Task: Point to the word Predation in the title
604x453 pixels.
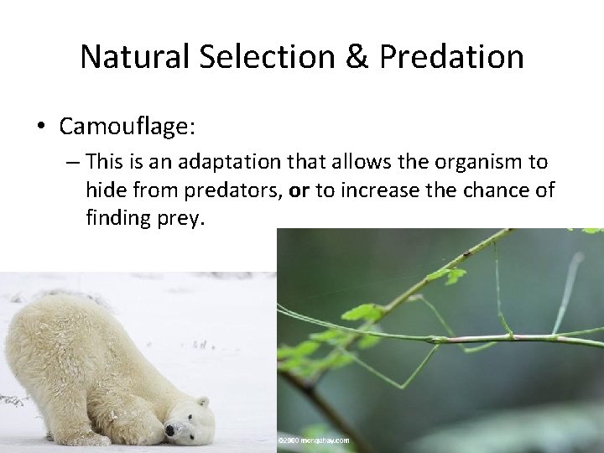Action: pos(452,57)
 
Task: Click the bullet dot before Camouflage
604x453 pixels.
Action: pos(40,127)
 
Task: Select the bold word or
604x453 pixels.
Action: pos(299,190)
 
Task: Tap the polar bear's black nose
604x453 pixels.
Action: pos(170,431)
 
